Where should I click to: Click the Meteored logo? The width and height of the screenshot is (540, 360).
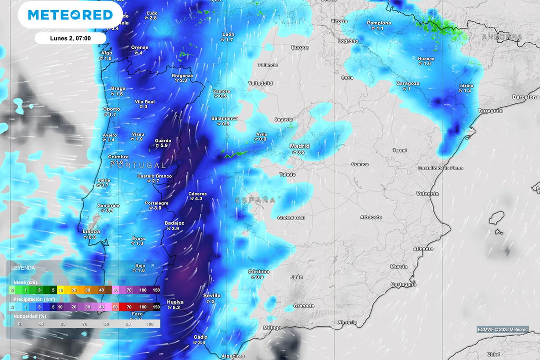pyautogui.click(x=70, y=15)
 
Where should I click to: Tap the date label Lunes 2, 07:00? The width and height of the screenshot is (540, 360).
pyautogui.click(x=70, y=38)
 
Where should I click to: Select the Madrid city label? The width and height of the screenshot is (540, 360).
pyautogui.click(x=299, y=146)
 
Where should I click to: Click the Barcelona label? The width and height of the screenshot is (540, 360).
pyautogui.click(x=525, y=97)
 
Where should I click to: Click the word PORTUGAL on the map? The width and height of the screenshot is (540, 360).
pyautogui.click(x=138, y=165)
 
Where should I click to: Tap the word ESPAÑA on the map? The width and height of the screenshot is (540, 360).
pyautogui.click(x=255, y=201)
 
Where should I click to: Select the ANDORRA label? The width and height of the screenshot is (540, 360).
pyautogui.click(x=502, y=37)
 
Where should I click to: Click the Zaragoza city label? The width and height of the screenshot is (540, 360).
pyautogui.click(x=408, y=83)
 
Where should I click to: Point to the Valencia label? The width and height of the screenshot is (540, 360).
pyautogui.click(x=427, y=194)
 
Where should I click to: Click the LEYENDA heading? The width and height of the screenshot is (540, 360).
pyautogui.click(x=23, y=268)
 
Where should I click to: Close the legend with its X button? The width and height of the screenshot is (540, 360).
pyautogui.click(x=153, y=265)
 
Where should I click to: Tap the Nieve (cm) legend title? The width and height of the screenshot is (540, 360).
pyautogui.click(x=25, y=282)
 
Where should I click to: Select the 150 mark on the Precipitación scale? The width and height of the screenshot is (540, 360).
pyautogui.click(x=156, y=307)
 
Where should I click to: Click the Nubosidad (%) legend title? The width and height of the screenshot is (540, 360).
pyautogui.click(x=30, y=316)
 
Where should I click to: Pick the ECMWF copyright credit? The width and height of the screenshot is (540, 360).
pyautogui.click(x=503, y=329)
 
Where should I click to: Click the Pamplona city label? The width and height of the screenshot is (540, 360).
pyautogui.click(x=379, y=23)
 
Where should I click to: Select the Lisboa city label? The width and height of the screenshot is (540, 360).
pyautogui.click(x=91, y=231)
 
